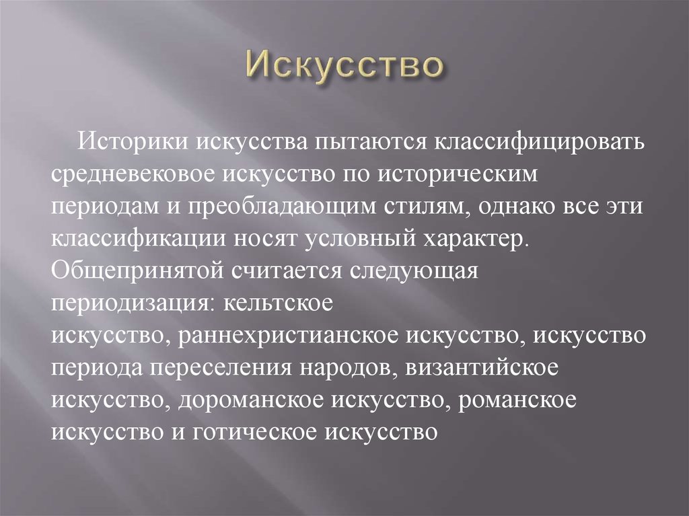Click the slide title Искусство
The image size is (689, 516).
pos(344,68)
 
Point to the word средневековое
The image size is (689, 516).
pos(130,174)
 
